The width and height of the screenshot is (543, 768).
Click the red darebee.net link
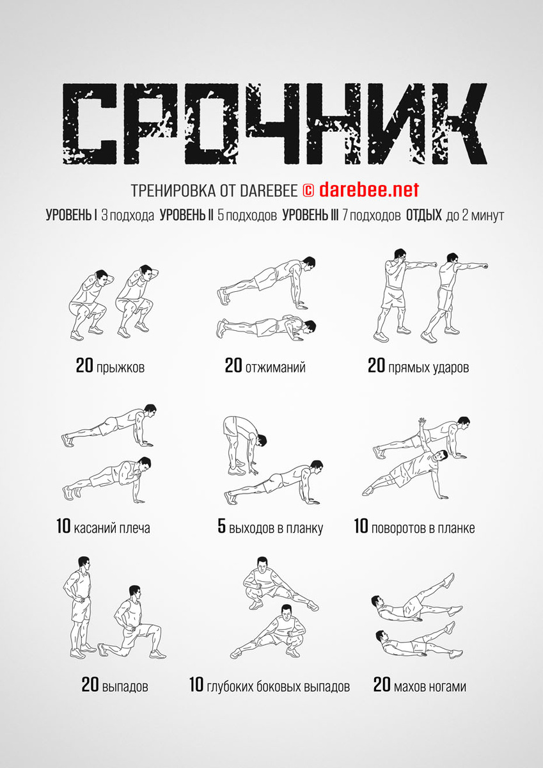click(x=369, y=189)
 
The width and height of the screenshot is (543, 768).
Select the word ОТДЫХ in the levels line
click(x=424, y=215)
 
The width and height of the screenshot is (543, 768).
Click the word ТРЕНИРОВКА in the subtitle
click(x=173, y=191)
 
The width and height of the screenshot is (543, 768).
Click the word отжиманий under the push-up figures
click(x=276, y=367)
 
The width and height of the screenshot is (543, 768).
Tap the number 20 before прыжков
click(x=84, y=365)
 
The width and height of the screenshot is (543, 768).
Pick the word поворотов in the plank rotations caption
click(x=394, y=528)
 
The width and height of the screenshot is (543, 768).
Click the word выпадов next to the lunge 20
click(x=125, y=687)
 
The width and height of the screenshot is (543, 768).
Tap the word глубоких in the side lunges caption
click(x=230, y=687)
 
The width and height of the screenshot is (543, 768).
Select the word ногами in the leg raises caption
click(x=449, y=687)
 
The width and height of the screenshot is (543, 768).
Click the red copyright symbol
click(x=308, y=191)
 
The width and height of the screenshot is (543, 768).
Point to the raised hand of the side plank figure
click(x=421, y=421)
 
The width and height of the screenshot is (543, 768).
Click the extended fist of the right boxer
click(x=484, y=265)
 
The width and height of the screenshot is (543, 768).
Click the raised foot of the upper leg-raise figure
click(x=449, y=580)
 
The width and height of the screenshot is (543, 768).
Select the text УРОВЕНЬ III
click(x=310, y=215)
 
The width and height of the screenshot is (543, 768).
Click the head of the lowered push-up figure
click(x=310, y=327)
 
